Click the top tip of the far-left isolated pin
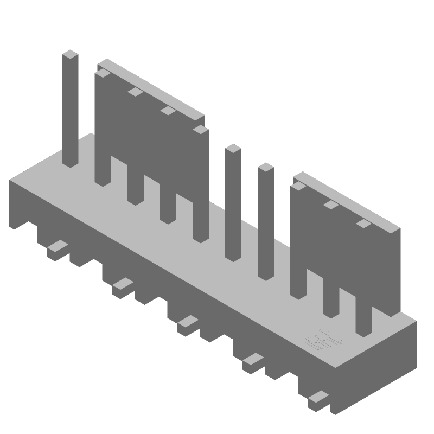(x=71, y=54)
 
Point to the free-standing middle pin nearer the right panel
(x=265, y=222)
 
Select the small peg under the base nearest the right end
(x=318, y=400)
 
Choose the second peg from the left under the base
(x=123, y=287)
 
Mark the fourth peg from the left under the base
(x=253, y=362)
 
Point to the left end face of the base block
(x=19, y=203)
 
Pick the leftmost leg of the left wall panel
(x=102, y=168)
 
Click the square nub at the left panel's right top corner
(x=200, y=130)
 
